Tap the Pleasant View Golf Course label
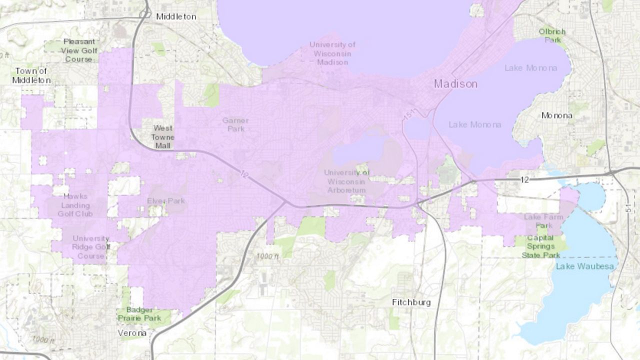point(79,50)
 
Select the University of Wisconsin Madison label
point(332,53)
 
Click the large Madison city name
point(455,84)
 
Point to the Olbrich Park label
point(552,35)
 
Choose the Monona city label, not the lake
point(556,115)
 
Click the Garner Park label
point(235,124)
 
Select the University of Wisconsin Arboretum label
point(346,181)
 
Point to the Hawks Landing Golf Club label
point(75,205)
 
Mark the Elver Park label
point(166,201)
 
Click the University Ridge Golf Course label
point(90,247)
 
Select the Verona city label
point(132,333)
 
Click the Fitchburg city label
point(411,302)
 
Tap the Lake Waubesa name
point(584,266)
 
